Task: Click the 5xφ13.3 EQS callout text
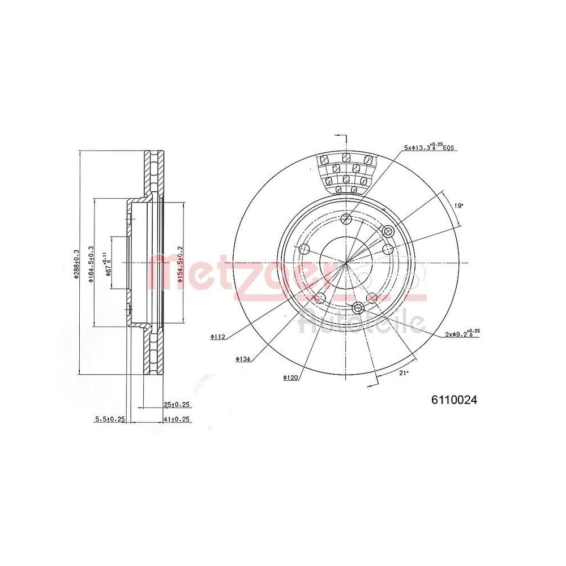[430, 148]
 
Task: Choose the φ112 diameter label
[218, 337]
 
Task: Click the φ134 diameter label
[243, 358]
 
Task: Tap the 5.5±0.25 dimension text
[110, 419]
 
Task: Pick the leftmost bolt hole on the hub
[304, 249]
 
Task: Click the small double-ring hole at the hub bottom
[358, 307]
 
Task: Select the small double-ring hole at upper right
[388, 231]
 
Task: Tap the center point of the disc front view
[346, 263]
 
